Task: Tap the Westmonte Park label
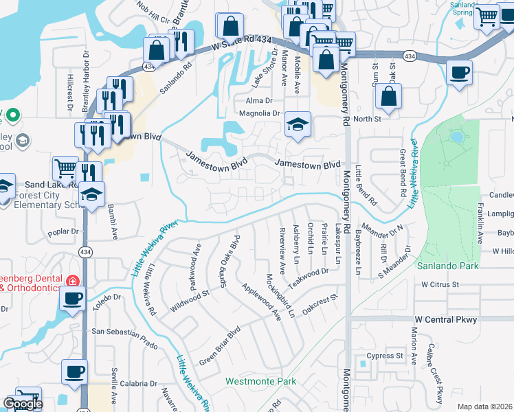click(260, 380)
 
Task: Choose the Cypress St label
click(384, 356)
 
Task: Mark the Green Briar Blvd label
click(219, 346)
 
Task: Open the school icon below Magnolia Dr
click(298, 125)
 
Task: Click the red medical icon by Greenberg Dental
click(72, 280)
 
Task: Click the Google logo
click(22, 404)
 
